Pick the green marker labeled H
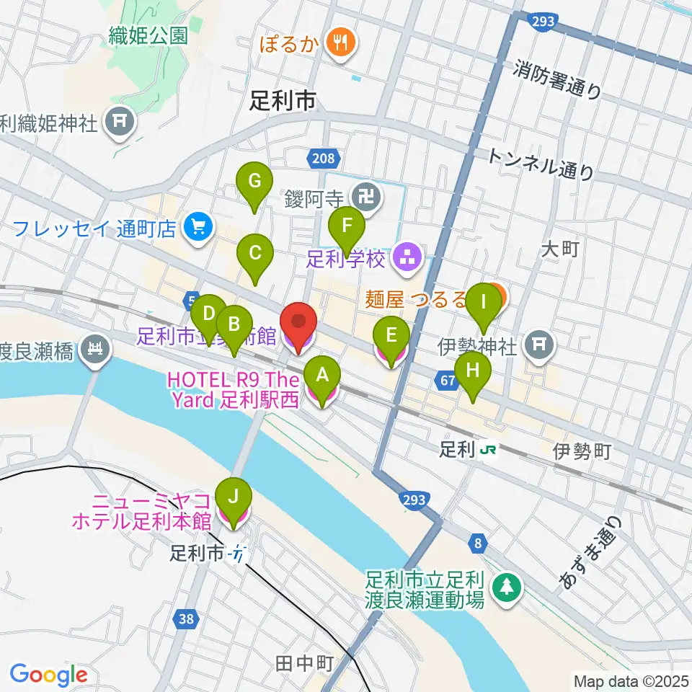(x=472, y=373)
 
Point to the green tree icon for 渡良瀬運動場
(x=507, y=587)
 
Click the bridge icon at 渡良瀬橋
(x=94, y=352)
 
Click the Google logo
(x=48, y=674)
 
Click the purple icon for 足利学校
(x=407, y=257)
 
